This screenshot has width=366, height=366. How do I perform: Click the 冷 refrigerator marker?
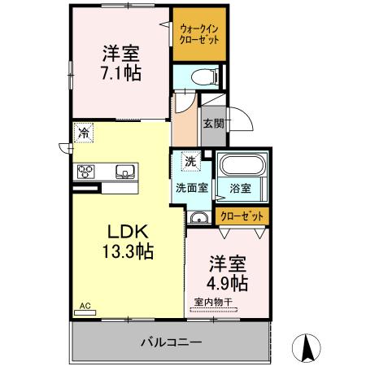coord(83,133)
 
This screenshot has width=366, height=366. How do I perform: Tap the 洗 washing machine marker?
coord(190,161)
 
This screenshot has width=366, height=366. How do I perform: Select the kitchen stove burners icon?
coord(87,171)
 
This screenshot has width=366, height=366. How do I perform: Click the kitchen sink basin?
coord(125,171)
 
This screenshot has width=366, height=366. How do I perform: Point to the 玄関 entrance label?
coord(214,124)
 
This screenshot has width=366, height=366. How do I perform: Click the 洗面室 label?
coord(192,187)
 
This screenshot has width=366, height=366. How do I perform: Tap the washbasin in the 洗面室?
coord(197,217)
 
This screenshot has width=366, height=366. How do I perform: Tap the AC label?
coord(83,307)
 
